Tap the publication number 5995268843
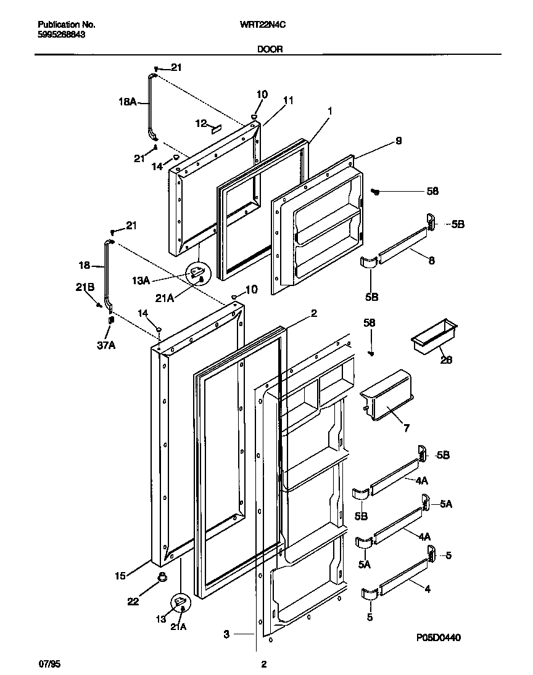pyautogui.click(x=62, y=35)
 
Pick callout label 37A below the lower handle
pyautogui.click(x=107, y=345)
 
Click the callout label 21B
pyautogui.click(x=85, y=286)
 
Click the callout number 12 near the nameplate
pyautogui.click(x=200, y=123)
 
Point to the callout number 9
pyautogui.click(x=399, y=141)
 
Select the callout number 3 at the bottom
pyautogui.click(x=227, y=633)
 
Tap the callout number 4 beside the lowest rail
pyautogui.click(x=427, y=589)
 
